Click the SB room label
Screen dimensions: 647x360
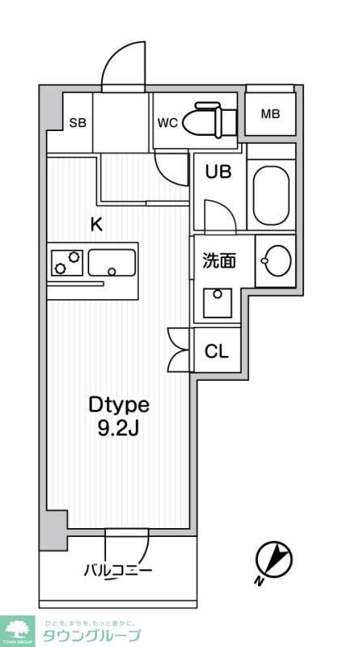coord(78,123)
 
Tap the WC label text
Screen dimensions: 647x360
coord(167,123)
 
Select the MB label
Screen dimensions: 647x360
coord(270,114)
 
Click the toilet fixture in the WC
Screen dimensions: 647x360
coord(208,119)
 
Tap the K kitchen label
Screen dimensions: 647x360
coord(95,226)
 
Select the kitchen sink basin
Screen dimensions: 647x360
coord(112,262)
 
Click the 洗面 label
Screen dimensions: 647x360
coord(218,260)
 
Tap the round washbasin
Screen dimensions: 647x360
coord(275,260)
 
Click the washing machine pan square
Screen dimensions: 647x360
coord(218,303)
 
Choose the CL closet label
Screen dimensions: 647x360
coord(216,352)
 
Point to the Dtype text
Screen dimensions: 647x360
coord(119,404)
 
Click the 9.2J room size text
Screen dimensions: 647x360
coord(119,428)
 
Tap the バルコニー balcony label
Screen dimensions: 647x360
coord(118,571)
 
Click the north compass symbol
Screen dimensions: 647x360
coord(273,560)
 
